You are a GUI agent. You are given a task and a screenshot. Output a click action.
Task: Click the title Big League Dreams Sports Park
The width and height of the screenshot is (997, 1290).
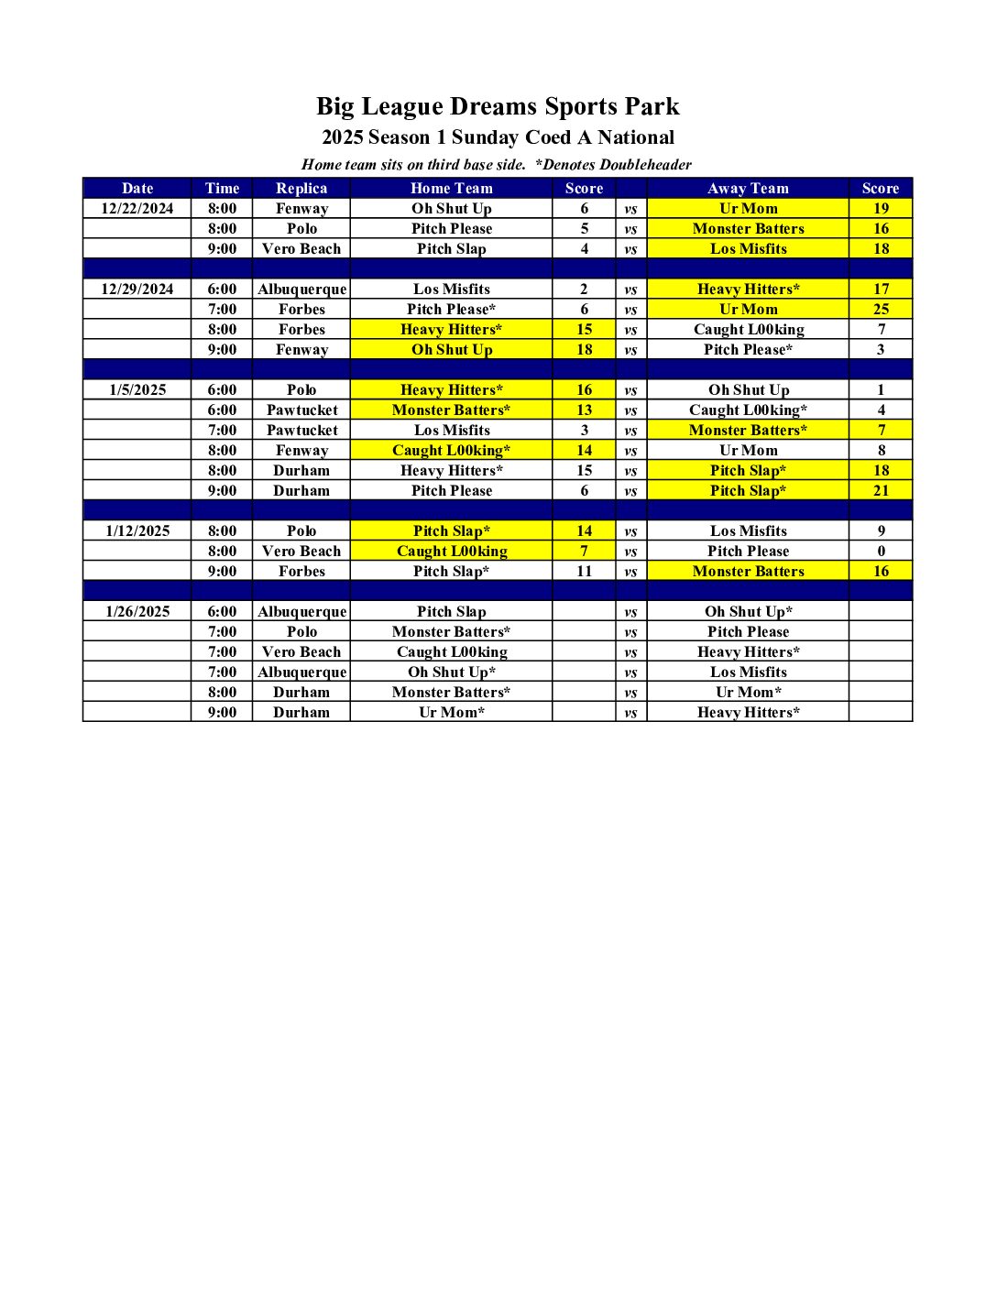[x=498, y=107]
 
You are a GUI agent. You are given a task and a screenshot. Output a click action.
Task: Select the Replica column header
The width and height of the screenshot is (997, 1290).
[x=301, y=189]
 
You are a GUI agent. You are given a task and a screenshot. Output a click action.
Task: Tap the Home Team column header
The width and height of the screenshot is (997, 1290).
[x=451, y=189]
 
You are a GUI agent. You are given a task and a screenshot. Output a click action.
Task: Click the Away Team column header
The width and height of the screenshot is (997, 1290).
[x=748, y=189]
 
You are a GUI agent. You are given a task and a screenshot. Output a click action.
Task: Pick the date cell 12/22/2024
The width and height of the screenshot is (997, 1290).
[x=137, y=209]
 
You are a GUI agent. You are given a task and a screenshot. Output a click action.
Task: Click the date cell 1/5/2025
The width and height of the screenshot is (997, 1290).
[x=137, y=390]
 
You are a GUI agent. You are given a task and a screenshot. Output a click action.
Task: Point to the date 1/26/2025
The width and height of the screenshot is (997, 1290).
[x=137, y=612]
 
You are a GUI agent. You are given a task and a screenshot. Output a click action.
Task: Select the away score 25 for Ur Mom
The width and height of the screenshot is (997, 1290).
[x=881, y=310]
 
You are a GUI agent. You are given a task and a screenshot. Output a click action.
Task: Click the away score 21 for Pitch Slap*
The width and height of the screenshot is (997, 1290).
[x=881, y=491]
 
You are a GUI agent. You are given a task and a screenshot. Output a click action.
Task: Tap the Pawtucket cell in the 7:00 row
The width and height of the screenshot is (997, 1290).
[x=301, y=431]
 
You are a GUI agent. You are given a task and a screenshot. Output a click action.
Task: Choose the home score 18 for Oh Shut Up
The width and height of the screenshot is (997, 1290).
[x=585, y=350]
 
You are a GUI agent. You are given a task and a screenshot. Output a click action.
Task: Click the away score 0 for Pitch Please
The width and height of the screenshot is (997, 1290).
[x=881, y=552]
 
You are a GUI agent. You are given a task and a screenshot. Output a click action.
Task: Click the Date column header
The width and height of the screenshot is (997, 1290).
[x=137, y=189]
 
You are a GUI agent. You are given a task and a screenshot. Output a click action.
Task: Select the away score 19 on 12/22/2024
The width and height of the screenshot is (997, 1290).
[x=881, y=209]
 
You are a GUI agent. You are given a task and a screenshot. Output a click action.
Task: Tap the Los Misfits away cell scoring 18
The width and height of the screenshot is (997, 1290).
[x=748, y=249]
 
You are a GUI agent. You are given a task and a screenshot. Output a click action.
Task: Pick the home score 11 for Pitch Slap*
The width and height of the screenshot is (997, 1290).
[x=585, y=572]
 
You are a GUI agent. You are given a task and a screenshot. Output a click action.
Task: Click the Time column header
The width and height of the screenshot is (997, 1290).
[x=222, y=189]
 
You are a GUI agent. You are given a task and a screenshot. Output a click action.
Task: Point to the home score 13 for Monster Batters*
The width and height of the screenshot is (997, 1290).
[x=585, y=410]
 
